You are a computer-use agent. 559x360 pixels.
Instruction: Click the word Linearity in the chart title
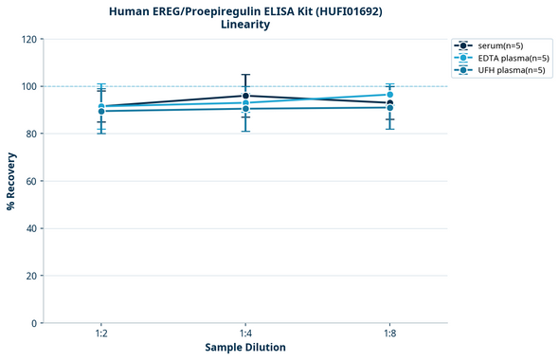pos(244,25)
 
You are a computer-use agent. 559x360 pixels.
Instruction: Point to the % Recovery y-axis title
pos(11,181)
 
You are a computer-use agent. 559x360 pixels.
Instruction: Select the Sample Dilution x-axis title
pos(245,348)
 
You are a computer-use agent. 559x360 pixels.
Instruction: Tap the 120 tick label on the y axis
pos(28,39)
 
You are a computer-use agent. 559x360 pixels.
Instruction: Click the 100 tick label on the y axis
pos(28,86)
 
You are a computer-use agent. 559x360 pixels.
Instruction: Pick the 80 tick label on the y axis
pos(31,134)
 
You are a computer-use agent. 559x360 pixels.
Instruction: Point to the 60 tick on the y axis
pos(31,181)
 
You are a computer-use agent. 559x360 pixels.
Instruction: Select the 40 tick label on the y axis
pos(31,228)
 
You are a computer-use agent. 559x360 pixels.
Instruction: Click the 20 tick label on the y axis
pos(31,276)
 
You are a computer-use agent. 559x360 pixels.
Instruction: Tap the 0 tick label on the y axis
pos(34,323)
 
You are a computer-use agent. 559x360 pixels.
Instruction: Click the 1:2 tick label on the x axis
pos(101,334)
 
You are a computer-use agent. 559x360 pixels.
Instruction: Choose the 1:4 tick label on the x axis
pos(245,334)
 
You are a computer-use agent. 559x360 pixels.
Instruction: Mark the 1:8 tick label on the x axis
pos(389,334)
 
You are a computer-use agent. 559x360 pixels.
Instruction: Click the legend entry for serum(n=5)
pos(498,45)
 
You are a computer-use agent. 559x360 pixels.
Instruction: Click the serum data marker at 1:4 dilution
pos(245,96)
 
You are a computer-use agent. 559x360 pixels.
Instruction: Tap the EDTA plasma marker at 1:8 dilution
pos(389,95)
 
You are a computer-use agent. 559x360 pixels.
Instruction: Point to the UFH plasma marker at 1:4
pos(245,109)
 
